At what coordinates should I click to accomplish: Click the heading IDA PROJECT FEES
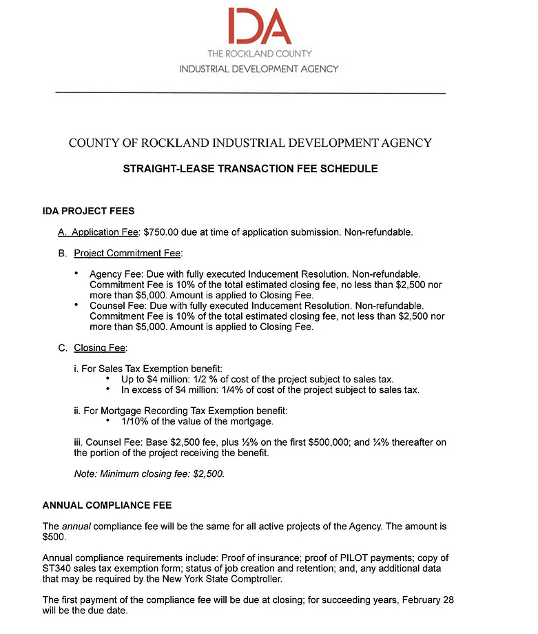[88, 211]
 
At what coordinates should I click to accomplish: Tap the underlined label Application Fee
[105, 232]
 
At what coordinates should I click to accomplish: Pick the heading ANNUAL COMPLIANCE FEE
[107, 505]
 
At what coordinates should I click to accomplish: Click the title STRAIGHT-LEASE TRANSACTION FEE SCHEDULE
[250, 168]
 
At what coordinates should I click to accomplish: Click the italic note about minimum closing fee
[149, 474]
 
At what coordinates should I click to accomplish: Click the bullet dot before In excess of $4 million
[108, 389]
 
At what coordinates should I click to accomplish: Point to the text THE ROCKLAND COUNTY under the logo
[259, 54]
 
